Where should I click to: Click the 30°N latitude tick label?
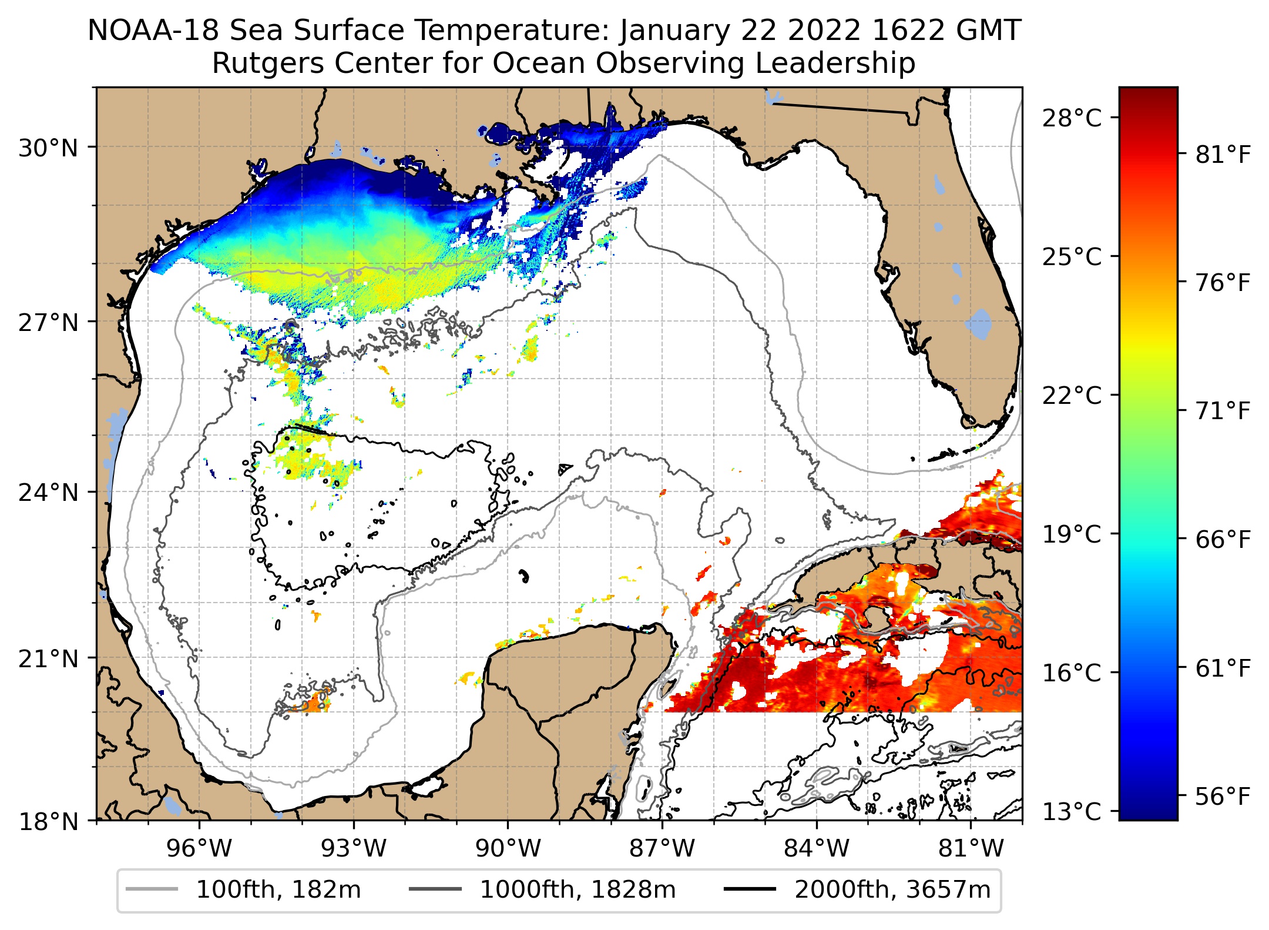click(48, 149)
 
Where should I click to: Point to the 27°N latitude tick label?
click(48, 323)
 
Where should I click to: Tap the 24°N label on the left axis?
click(48, 493)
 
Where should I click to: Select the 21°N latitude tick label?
click(48, 659)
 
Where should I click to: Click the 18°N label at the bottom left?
click(48, 822)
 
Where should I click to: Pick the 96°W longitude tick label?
click(200, 848)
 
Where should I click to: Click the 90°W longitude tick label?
click(508, 848)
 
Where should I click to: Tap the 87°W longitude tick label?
click(662, 848)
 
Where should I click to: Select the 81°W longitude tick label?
click(971, 848)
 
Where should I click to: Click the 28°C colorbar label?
click(1072, 118)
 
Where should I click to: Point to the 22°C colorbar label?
click(1072, 396)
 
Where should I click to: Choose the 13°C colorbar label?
click(1072, 812)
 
